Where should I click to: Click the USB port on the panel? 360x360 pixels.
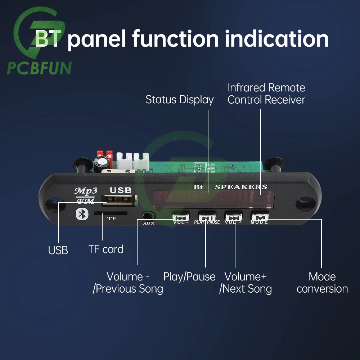(119, 201)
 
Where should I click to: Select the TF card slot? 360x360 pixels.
(110, 213)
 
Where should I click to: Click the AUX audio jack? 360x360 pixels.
(148, 216)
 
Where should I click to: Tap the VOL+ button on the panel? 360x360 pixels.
(234, 217)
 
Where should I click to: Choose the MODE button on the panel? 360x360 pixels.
(260, 217)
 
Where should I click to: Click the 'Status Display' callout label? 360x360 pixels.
(180, 100)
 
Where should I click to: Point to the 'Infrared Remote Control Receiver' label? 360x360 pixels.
(266, 94)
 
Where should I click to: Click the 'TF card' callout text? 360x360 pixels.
(106, 249)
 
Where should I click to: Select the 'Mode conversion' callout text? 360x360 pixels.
(322, 283)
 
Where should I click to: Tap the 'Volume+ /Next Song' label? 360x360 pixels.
(246, 283)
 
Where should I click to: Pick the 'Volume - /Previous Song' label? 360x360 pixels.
(128, 283)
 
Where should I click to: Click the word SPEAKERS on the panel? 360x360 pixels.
(241, 187)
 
